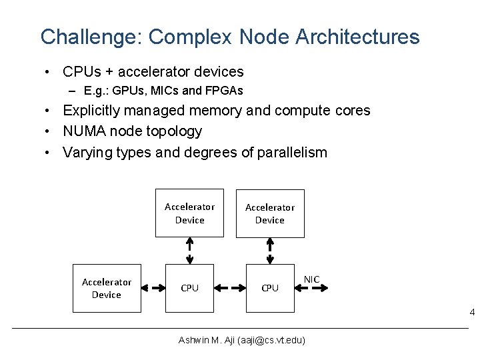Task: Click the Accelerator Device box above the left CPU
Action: pyautogui.click(x=189, y=213)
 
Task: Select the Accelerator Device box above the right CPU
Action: pyautogui.click(x=270, y=213)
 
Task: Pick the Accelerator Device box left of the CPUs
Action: pyautogui.click(x=107, y=288)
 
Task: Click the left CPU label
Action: pyautogui.click(x=190, y=288)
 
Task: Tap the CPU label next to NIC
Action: pyautogui.click(x=270, y=288)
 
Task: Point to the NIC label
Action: pyautogui.click(x=311, y=279)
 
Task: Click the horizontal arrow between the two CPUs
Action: pyautogui.click(x=230, y=288)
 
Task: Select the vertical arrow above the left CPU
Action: pyautogui.click(x=190, y=251)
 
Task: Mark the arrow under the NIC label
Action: pyautogui.click(x=311, y=288)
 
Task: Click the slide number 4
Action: pyautogui.click(x=472, y=313)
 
